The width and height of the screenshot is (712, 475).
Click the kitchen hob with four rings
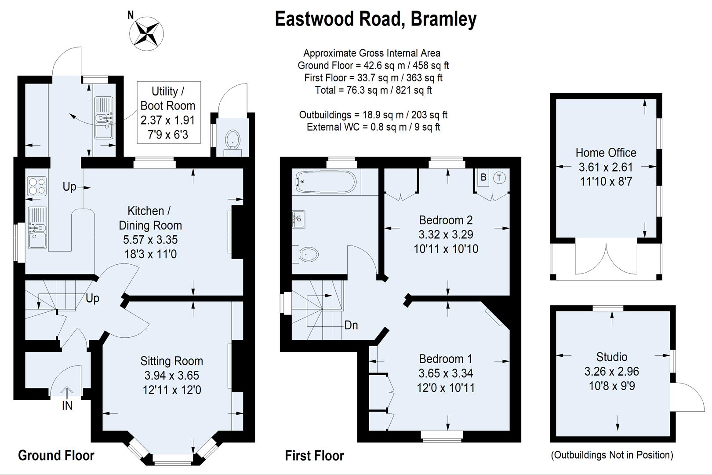click(x=36, y=186)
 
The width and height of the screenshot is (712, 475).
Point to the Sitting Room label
click(x=171, y=361)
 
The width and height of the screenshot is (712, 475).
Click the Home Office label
click(x=606, y=153)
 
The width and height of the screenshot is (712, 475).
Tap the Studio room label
click(x=611, y=357)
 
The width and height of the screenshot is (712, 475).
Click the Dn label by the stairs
click(x=351, y=325)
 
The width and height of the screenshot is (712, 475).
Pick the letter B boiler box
click(x=483, y=178)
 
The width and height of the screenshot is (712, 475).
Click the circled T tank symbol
click(x=499, y=178)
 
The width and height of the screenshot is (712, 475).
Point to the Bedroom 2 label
click(x=446, y=220)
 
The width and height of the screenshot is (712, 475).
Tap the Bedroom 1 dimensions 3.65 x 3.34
click(x=446, y=373)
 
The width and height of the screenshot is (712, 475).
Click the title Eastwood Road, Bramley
click(x=375, y=19)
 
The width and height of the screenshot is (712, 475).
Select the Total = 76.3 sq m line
click(x=373, y=90)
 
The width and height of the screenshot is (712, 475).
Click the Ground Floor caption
click(x=56, y=455)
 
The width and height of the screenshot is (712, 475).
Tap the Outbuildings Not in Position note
click(x=612, y=455)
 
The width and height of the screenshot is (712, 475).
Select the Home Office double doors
click(x=606, y=259)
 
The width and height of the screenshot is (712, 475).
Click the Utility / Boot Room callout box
click(x=168, y=112)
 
